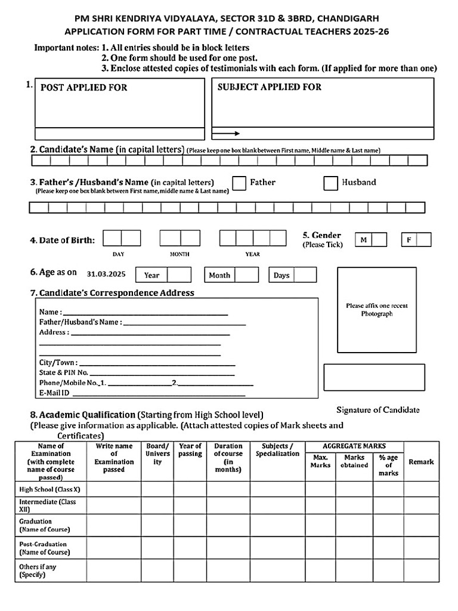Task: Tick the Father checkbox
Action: click(239, 183)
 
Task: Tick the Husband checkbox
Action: click(331, 183)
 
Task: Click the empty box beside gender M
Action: click(379, 240)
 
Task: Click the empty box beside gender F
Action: click(424, 240)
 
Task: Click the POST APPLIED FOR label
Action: click(83, 88)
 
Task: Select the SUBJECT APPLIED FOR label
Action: click(269, 87)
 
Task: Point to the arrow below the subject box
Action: click(226, 134)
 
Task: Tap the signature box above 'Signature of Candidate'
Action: click(374, 377)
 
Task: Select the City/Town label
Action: click(58, 363)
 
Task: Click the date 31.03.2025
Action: click(106, 274)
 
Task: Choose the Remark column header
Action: click(421, 462)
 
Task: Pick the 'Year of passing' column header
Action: click(190, 450)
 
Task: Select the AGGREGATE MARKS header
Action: click(354, 446)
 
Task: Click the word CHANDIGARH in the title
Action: click(349, 19)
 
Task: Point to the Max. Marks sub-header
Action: click(320, 461)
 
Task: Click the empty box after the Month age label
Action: click(246, 275)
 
